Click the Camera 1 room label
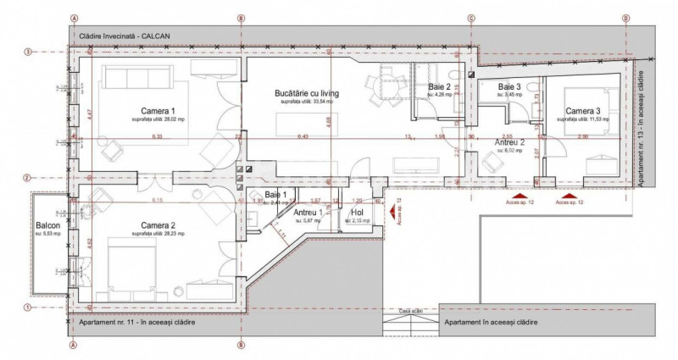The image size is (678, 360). coord(158,111)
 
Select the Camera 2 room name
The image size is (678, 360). coord(158,225)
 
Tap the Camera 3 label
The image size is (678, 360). coord(584,111)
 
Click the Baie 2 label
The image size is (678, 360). coord(440,87)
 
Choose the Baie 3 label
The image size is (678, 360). coord(509,87)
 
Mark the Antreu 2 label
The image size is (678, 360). coord(510,143)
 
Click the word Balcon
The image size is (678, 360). coord(47,226)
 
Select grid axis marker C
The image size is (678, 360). coord(472,18)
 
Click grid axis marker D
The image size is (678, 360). coord(626,18)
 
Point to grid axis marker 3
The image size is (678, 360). coord(28,53)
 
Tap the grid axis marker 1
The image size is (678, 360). coord(28,307)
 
